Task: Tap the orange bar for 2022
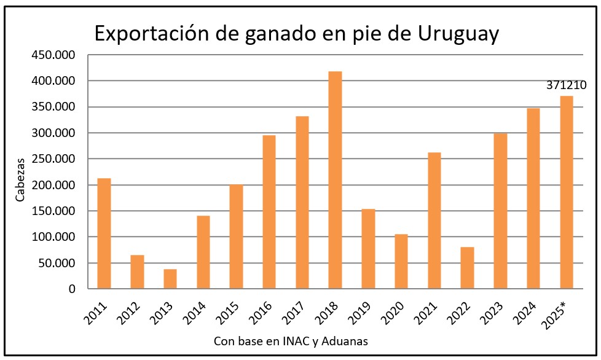(467, 268)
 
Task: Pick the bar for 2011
(104, 233)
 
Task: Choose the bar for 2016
(269, 212)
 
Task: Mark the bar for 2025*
(566, 192)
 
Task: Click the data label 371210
(566, 85)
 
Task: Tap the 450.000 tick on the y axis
(53, 55)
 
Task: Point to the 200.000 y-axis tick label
(53, 185)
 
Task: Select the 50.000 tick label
(56, 263)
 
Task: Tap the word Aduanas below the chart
(347, 342)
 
